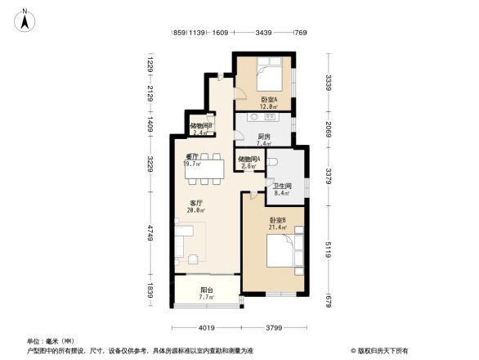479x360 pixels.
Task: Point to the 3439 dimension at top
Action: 262,33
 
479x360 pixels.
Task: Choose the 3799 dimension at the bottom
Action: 274,329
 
